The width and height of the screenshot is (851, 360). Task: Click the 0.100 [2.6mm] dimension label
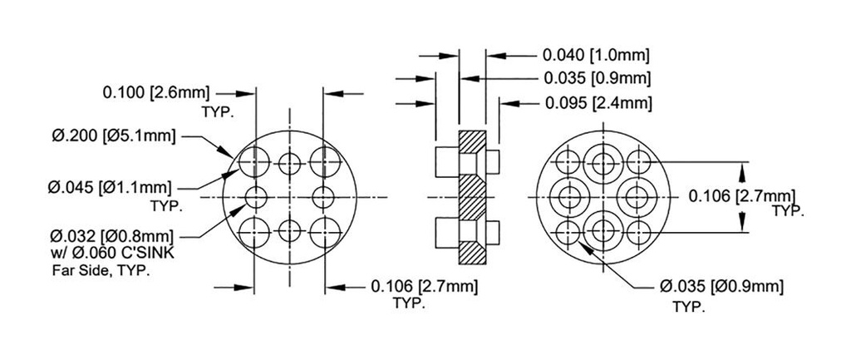pyautogui.click(x=155, y=91)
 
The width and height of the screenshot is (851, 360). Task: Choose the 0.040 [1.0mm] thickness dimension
pyautogui.click(x=595, y=56)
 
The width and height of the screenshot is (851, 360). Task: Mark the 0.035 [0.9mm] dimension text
pyautogui.click(x=595, y=79)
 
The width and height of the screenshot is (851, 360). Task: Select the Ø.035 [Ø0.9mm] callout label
pyautogui.click(x=721, y=287)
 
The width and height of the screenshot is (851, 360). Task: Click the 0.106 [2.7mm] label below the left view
pyautogui.click(x=423, y=287)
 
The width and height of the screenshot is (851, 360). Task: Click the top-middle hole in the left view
pyautogui.click(x=288, y=161)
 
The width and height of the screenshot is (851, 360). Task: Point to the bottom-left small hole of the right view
pyautogui.click(x=568, y=230)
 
